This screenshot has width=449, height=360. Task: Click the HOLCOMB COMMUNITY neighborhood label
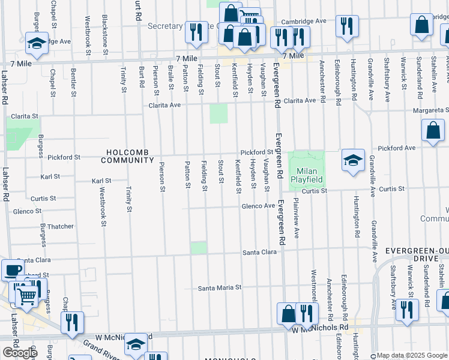click(x=127, y=156)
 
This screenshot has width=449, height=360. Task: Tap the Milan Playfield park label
click(x=307, y=175)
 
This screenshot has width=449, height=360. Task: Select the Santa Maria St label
click(x=220, y=287)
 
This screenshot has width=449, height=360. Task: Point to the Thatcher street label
click(x=61, y=226)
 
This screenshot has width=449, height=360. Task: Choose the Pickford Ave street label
click(x=396, y=148)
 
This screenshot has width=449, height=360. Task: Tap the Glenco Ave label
click(x=258, y=206)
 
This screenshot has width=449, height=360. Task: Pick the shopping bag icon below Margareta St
click(x=433, y=130)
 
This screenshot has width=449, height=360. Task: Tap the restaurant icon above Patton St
click(x=196, y=32)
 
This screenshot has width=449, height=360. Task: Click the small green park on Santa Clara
click(x=199, y=248)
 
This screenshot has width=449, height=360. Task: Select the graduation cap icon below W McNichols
click(x=136, y=344)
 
